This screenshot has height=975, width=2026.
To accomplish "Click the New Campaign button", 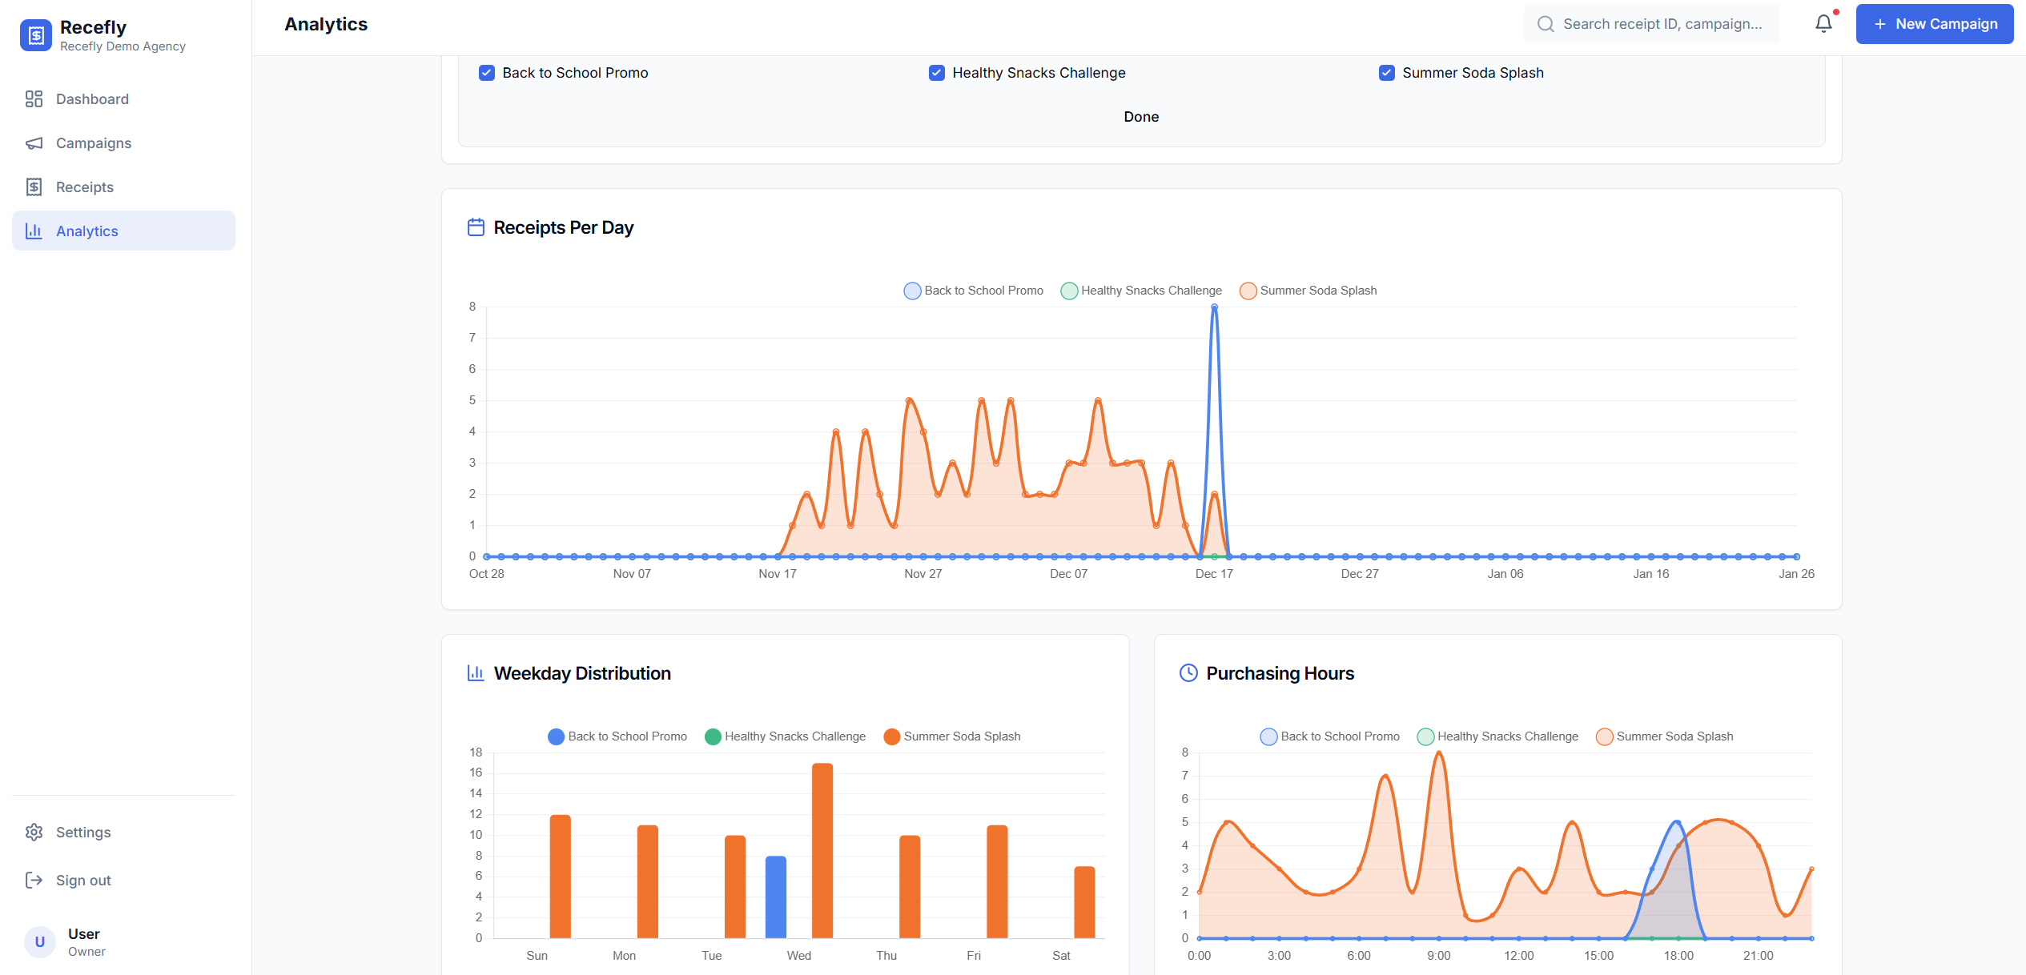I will [x=1934, y=24].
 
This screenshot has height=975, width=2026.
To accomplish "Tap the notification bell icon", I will [x=1823, y=24].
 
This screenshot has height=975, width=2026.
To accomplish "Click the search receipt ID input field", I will [x=1662, y=24].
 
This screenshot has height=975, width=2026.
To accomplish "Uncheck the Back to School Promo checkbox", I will [x=487, y=73].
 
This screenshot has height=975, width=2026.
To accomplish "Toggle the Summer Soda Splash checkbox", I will [x=1387, y=73].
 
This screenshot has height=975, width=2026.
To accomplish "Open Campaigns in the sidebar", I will [x=94, y=143].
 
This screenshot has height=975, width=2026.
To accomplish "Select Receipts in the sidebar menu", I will [x=85, y=187].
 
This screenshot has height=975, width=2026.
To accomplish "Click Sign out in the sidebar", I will [x=83, y=881].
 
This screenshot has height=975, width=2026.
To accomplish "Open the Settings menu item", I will [x=83, y=833].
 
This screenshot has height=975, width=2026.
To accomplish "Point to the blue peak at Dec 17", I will [x=1214, y=308].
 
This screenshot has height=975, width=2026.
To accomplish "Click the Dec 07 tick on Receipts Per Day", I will [x=1068, y=574].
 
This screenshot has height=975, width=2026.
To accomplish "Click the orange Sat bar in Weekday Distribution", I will [x=1084, y=902].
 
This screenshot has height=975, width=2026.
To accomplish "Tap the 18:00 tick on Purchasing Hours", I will [x=1678, y=956].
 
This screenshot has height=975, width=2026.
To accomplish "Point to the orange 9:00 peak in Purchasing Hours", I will [x=1439, y=754].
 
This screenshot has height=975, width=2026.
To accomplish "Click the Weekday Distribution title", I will [x=582, y=673].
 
